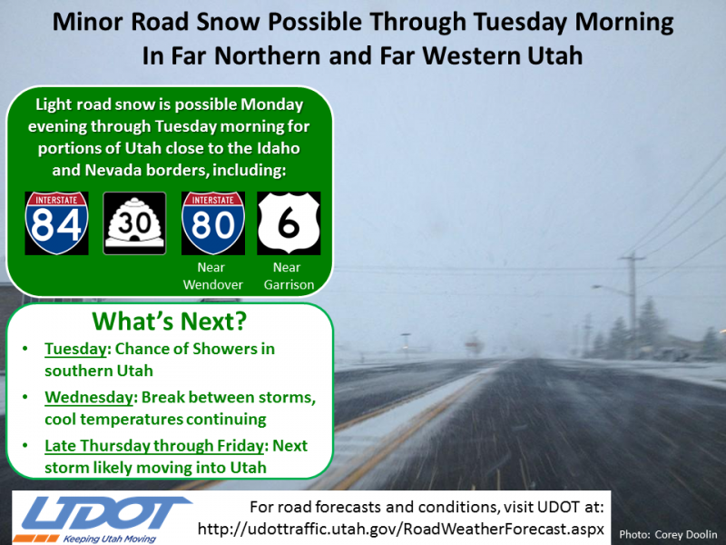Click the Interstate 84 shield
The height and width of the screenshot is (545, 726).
[56, 223]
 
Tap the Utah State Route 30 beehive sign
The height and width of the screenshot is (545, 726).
[134, 223]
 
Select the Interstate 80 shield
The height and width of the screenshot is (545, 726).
[213, 223]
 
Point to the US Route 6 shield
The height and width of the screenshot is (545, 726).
[289, 223]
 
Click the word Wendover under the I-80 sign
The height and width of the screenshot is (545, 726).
[213, 284]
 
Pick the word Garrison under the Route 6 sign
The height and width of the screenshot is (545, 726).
[289, 284]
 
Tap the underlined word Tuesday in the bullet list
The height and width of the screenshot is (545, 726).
[75, 349]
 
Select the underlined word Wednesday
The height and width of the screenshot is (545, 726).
[89, 397]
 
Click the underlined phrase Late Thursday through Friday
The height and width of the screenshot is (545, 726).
[154, 446]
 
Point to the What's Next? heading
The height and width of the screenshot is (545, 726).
[170, 322]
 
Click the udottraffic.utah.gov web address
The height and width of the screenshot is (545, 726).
[401, 529]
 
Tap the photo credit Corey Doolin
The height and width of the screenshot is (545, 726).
[686, 535]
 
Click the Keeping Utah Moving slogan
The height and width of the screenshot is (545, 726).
[109, 539]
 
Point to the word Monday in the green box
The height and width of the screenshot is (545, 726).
[271, 104]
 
